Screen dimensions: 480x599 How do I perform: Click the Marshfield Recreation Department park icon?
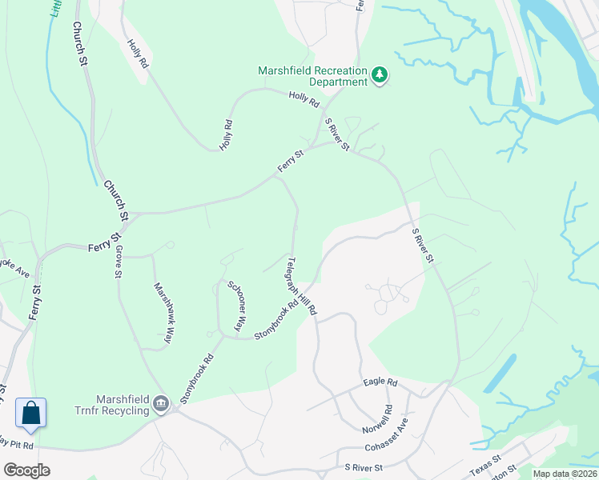[x=380, y=76]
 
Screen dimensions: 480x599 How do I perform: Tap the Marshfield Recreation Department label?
[x=312, y=76]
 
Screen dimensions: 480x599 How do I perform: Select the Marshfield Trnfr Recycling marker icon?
[x=161, y=402]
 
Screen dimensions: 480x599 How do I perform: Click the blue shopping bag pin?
[x=30, y=414]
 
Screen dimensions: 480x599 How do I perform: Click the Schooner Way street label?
[x=235, y=305]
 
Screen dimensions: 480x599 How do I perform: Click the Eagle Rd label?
[x=380, y=382]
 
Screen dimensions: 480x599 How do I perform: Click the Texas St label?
[x=485, y=463]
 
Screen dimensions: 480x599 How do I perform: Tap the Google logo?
[x=27, y=470]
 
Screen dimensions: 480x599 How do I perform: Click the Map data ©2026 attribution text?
[x=565, y=474]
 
